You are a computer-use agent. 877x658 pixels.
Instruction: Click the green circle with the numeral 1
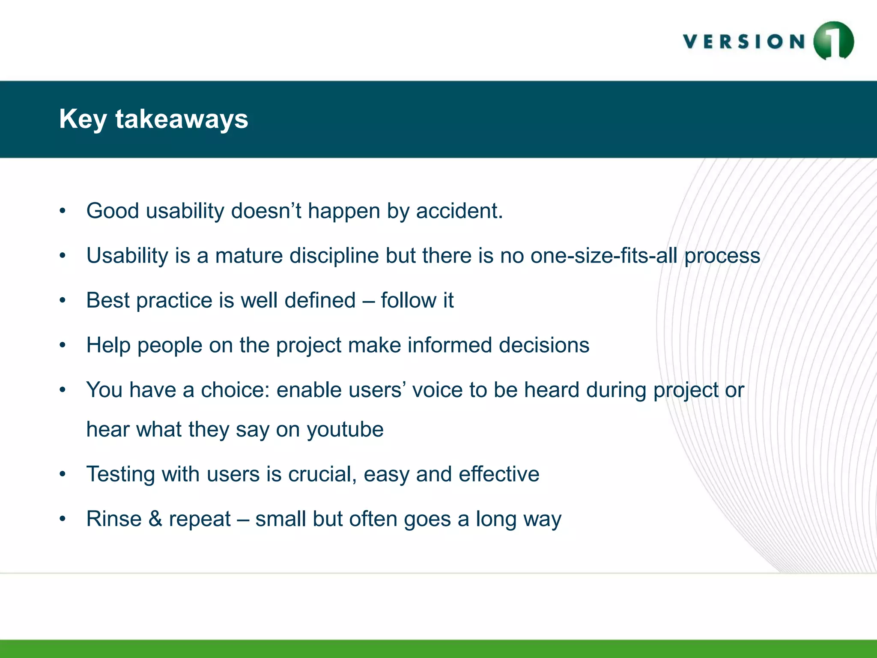pyautogui.click(x=833, y=41)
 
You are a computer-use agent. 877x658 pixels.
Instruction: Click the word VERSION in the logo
pyautogui.click(x=744, y=42)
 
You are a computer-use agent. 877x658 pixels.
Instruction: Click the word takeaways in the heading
pyautogui.click(x=182, y=119)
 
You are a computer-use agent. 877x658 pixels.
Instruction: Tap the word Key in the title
pyautogui.click(x=83, y=119)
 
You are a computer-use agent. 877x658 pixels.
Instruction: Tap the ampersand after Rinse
pyautogui.click(x=155, y=519)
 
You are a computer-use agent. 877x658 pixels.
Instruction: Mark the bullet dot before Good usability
pyautogui.click(x=63, y=211)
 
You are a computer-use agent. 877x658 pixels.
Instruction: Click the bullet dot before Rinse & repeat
pyautogui.click(x=63, y=519)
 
